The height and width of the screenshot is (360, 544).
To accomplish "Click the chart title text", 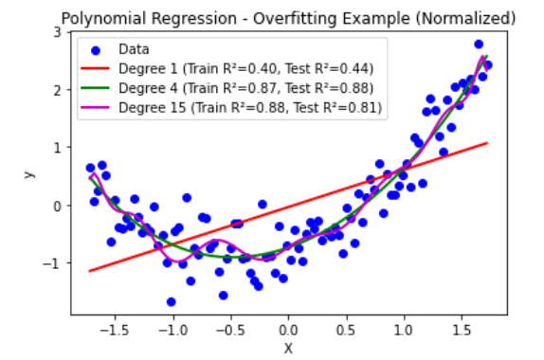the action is point(288,18).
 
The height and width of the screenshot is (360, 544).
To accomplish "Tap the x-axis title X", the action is point(288,349).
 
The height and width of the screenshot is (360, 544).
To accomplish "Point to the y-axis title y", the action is point(29,173).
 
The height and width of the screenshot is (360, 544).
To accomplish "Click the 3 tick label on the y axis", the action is point(57,32).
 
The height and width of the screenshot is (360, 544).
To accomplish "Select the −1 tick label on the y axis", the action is point(52,263).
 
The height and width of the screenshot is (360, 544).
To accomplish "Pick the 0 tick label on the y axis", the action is point(57,206).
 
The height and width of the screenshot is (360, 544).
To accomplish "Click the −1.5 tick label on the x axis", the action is point(115,330).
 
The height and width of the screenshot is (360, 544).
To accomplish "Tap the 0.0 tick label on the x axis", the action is point(288,330).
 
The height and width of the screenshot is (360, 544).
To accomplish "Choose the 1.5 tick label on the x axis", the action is point(462,330).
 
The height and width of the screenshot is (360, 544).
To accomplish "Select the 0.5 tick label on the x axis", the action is point(346,330).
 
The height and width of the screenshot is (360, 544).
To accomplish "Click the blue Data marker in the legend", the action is point(96,50).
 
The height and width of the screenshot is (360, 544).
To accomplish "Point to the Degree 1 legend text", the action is point(245,68).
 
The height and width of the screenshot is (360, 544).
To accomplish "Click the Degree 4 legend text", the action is point(245,88).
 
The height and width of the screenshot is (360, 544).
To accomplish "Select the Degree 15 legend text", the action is point(250,107).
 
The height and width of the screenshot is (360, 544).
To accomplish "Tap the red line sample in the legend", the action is point(95,68).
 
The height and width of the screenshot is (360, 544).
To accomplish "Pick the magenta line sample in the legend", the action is point(95,107).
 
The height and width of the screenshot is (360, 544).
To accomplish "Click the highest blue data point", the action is point(479,44).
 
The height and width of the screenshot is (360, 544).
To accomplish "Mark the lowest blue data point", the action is point(171,301).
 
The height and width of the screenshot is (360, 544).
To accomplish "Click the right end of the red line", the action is point(487,143).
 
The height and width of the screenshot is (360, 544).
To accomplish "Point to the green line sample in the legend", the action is point(95,88).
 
